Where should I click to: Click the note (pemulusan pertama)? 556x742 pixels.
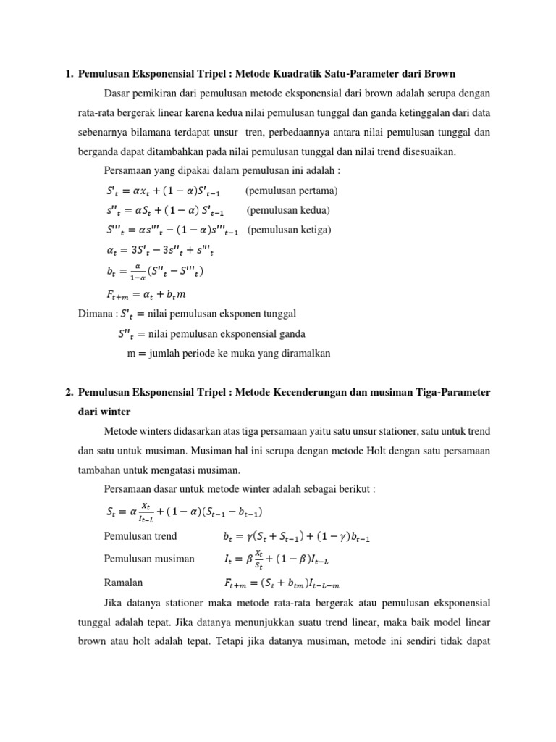291,191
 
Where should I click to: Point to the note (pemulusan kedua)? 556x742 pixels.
288,211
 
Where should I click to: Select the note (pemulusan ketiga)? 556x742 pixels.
290,230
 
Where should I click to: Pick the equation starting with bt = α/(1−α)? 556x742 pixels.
154,272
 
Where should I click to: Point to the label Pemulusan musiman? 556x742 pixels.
149,559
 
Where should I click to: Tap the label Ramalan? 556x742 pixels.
125,582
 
